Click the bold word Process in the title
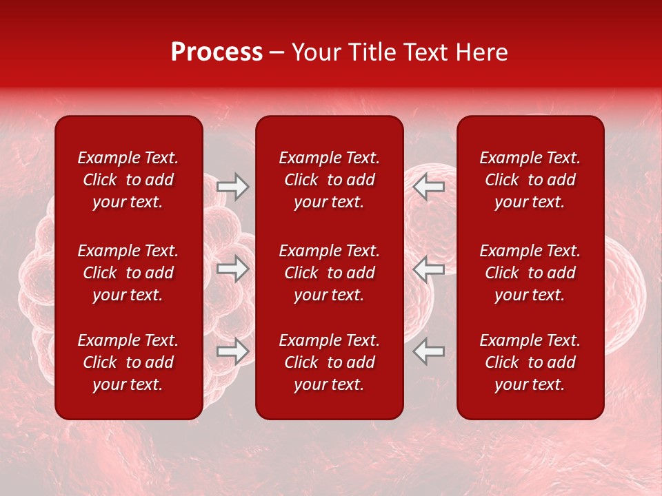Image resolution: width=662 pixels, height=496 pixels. pyautogui.click(x=217, y=52)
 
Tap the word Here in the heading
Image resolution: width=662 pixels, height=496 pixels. pyautogui.click(x=482, y=52)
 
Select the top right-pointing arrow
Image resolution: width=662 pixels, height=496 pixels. pyautogui.click(x=233, y=187)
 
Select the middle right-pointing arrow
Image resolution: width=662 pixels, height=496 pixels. pyautogui.click(x=233, y=269)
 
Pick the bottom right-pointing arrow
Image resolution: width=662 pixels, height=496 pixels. pyautogui.click(x=233, y=351)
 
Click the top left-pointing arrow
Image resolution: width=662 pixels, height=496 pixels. pyautogui.click(x=429, y=187)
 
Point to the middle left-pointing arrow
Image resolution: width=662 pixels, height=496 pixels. pyautogui.click(x=429, y=269)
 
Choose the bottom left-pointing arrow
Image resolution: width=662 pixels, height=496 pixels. pyautogui.click(x=429, y=351)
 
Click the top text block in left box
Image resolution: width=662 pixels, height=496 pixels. pyautogui.click(x=128, y=180)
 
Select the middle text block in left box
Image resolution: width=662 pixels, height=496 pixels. pyautogui.click(x=128, y=273)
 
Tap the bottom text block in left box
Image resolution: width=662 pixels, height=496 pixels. pyautogui.click(x=128, y=362)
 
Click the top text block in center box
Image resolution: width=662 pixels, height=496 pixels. pyautogui.click(x=330, y=180)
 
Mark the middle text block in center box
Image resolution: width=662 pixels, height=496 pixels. pyautogui.click(x=330, y=273)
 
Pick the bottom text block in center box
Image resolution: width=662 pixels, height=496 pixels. pyautogui.click(x=330, y=362)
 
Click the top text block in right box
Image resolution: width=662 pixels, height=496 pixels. pyautogui.click(x=530, y=180)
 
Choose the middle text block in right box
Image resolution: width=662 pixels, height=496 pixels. pyautogui.click(x=530, y=273)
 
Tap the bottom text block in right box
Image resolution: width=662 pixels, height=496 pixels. pyautogui.click(x=530, y=362)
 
